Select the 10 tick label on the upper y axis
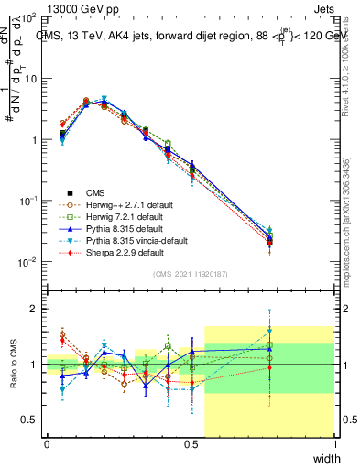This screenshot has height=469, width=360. point(30,79)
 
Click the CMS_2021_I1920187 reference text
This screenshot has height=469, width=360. point(191,275)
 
